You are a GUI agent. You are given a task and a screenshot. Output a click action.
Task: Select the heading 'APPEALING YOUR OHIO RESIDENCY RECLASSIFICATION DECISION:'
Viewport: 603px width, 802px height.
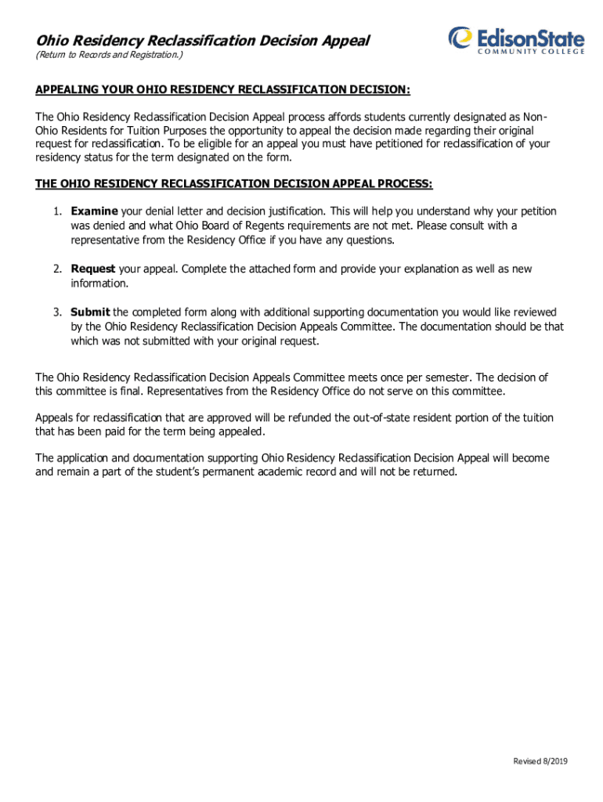[223, 89]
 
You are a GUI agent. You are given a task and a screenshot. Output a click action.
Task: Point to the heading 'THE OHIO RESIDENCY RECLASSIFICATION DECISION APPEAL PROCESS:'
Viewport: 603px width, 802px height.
[234, 184]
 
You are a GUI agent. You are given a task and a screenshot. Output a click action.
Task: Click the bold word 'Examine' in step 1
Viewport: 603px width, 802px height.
[94, 211]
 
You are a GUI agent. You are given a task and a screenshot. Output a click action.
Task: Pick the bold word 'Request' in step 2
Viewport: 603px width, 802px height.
[93, 269]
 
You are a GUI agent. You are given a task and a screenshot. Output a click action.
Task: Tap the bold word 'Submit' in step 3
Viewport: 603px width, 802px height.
[90, 312]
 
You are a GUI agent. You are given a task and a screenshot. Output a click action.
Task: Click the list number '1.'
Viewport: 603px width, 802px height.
[58, 211]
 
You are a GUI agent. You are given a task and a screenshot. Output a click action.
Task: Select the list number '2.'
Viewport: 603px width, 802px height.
[58, 269]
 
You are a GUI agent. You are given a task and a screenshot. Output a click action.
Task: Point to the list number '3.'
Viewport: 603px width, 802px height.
[58, 312]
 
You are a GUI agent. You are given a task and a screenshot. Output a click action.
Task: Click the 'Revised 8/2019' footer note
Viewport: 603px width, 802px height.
[540, 762]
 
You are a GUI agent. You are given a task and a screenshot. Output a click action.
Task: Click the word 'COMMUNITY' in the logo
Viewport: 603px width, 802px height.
[510, 52]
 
